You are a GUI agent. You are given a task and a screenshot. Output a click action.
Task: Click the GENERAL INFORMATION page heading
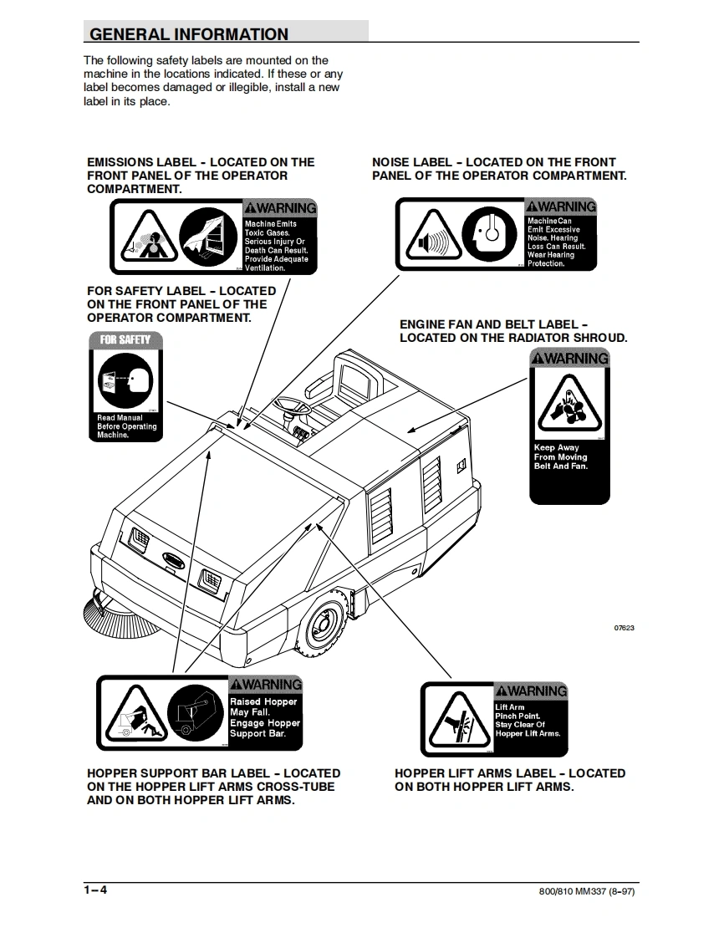[x=189, y=34]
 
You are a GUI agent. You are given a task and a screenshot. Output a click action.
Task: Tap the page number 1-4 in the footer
[x=95, y=890]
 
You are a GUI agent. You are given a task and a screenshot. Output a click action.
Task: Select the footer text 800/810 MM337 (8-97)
[x=586, y=891]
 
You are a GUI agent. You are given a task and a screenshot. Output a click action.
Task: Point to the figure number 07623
[x=624, y=628]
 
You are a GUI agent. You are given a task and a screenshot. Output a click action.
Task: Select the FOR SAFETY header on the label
[x=125, y=339]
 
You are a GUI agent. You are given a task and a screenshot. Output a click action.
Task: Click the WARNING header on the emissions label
[x=280, y=208]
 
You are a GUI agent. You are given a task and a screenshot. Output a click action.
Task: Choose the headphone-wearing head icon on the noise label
[x=490, y=237]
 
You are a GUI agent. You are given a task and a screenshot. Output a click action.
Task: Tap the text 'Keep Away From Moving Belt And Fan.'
[x=561, y=457]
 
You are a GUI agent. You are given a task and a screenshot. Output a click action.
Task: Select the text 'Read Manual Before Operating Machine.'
[x=126, y=426]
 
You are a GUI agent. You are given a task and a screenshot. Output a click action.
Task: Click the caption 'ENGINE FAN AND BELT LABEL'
[x=494, y=324]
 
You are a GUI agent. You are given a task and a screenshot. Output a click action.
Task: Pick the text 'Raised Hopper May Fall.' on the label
[x=263, y=707]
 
